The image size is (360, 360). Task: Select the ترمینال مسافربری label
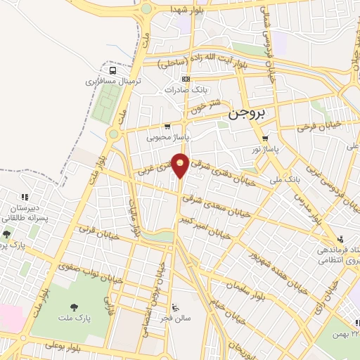[113, 82]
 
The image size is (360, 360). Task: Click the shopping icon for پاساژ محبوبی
[166, 127]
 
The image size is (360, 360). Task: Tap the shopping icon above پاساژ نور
[264, 138]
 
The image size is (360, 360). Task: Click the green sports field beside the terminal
[104, 105]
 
